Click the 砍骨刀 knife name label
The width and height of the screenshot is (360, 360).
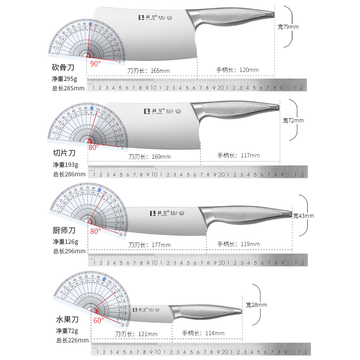point(63,68)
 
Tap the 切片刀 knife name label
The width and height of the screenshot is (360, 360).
point(63,153)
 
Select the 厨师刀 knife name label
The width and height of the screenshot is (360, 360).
point(63,231)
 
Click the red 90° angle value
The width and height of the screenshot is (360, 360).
point(95,63)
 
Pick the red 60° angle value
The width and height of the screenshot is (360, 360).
point(99,320)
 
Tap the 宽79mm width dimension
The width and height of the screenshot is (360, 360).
point(288,27)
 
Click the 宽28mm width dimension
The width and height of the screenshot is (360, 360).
point(256,305)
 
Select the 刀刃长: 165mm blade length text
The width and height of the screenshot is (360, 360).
point(148,71)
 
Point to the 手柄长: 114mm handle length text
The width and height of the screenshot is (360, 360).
point(203,333)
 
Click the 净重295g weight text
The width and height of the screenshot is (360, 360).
point(65,79)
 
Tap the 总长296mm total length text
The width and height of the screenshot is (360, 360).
point(68,251)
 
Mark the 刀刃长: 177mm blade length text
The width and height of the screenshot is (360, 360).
point(149,245)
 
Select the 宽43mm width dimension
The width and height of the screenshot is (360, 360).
point(303,216)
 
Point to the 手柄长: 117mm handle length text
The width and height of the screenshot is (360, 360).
point(238,156)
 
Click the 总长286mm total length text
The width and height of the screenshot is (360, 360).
point(68,174)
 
